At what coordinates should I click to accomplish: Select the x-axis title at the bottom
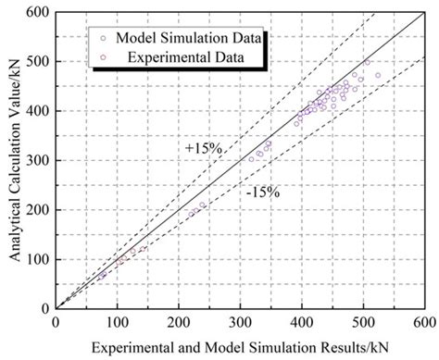[x=240, y=346]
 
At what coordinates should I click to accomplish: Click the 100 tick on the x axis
[x=117, y=320]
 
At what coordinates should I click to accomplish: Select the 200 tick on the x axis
[x=179, y=320]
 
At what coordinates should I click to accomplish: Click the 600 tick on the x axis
[x=424, y=320]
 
